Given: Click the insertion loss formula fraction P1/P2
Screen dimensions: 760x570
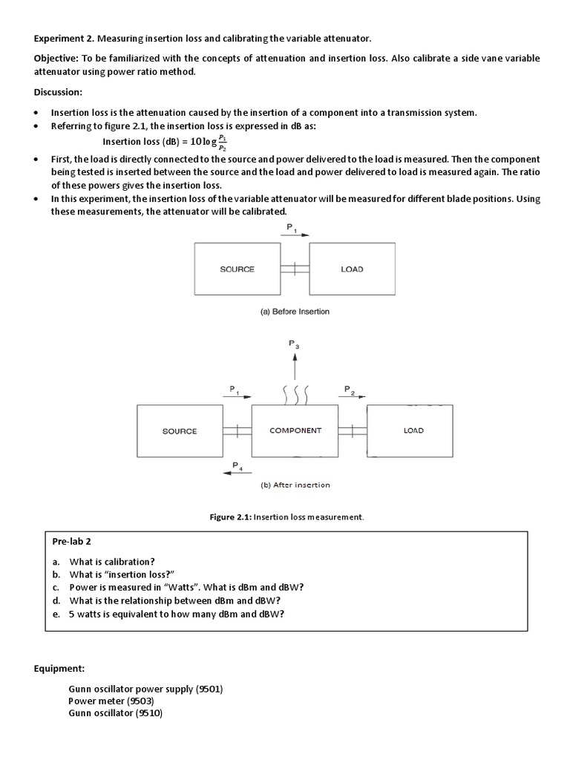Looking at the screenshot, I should pos(223,142).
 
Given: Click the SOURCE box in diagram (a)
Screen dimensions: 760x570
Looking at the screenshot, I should pos(237,269).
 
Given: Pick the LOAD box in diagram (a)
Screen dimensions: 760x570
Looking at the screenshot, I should pos(352,269).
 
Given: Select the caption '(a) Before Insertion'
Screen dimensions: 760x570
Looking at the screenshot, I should pos(295,312).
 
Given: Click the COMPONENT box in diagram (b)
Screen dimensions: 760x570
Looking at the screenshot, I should pos(295,430).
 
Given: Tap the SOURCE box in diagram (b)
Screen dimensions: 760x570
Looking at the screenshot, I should pos(180,431).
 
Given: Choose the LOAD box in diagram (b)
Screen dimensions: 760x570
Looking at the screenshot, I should pos(413,430).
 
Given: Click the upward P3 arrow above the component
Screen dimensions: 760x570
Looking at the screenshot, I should pos(295,365).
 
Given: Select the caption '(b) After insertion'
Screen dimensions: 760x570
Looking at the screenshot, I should pos(295,485).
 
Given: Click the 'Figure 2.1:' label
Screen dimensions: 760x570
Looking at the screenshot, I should pos(232,517).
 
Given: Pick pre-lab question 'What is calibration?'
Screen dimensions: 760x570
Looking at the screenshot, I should pos(112,562).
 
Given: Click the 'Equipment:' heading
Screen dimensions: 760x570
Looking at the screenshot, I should pos(59,669).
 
